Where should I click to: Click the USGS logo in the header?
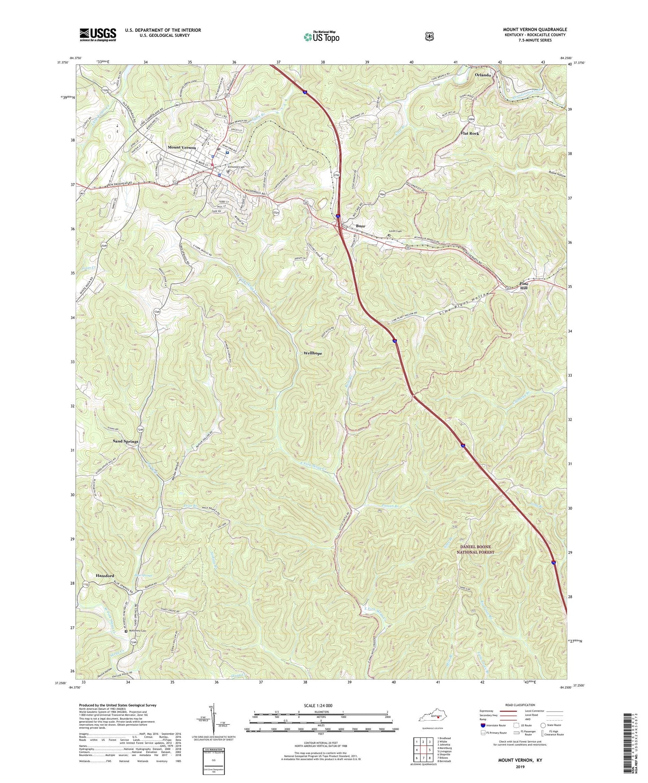point(98,35)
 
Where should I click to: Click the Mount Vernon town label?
point(182,148)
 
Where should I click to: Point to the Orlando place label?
point(483,75)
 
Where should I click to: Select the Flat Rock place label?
point(470,134)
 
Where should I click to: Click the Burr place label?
point(361,226)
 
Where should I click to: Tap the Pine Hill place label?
point(523,286)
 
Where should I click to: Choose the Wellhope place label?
point(313,353)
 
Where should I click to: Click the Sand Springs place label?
point(126,441)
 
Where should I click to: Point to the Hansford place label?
point(105,575)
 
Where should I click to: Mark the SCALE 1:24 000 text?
point(318,705)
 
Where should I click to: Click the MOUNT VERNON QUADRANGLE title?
point(535,30)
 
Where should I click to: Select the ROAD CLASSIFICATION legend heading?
point(520,705)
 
